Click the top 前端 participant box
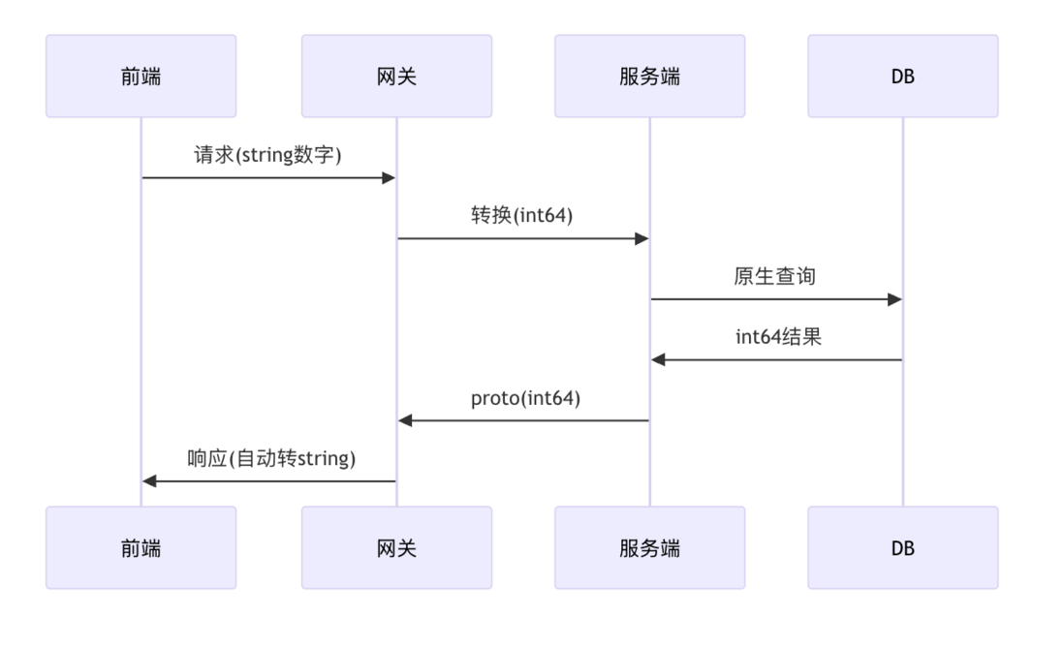click(x=141, y=77)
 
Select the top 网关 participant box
click(x=395, y=77)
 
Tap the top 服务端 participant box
click(x=649, y=77)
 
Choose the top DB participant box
click(x=902, y=77)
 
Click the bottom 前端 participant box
click(x=141, y=547)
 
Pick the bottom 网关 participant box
click(x=395, y=547)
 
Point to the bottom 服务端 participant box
click(x=649, y=547)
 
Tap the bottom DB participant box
click(x=902, y=547)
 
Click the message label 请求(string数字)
click(x=268, y=155)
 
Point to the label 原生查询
click(x=775, y=277)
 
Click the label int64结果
click(x=775, y=337)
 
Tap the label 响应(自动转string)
click(x=271, y=458)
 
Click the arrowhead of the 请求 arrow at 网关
click(x=389, y=178)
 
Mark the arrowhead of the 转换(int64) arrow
click(x=642, y=238)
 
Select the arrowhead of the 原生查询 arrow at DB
click(x=894, y=299)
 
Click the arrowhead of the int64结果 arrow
click(x=658, y=359)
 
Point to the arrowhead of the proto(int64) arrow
click(x=405, y=420)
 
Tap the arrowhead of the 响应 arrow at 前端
click(x=149, y=481)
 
